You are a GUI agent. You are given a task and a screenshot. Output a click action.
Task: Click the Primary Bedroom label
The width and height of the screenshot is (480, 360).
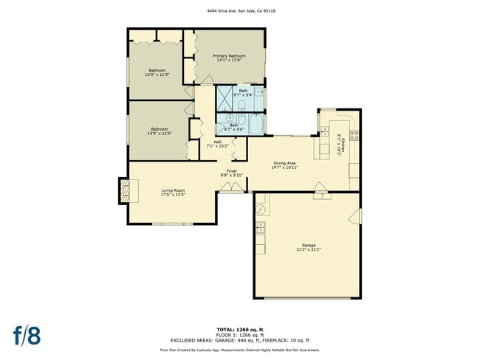point(229,56)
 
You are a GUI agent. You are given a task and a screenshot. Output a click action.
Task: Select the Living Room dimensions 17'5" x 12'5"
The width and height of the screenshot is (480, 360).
point(174,195)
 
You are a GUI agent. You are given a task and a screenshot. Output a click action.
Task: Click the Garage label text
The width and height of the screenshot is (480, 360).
point(308,245)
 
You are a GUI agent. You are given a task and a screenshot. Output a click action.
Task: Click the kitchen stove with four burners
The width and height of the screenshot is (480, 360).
point(354,135)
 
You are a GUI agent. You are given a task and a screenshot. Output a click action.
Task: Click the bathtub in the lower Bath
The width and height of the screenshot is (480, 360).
point(256,125)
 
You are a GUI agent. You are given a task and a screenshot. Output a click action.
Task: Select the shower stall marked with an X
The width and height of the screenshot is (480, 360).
point(224,96)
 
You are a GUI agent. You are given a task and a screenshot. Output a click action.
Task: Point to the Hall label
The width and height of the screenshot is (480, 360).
point(218,141)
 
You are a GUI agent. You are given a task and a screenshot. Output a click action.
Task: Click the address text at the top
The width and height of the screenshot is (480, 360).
point(239,11)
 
